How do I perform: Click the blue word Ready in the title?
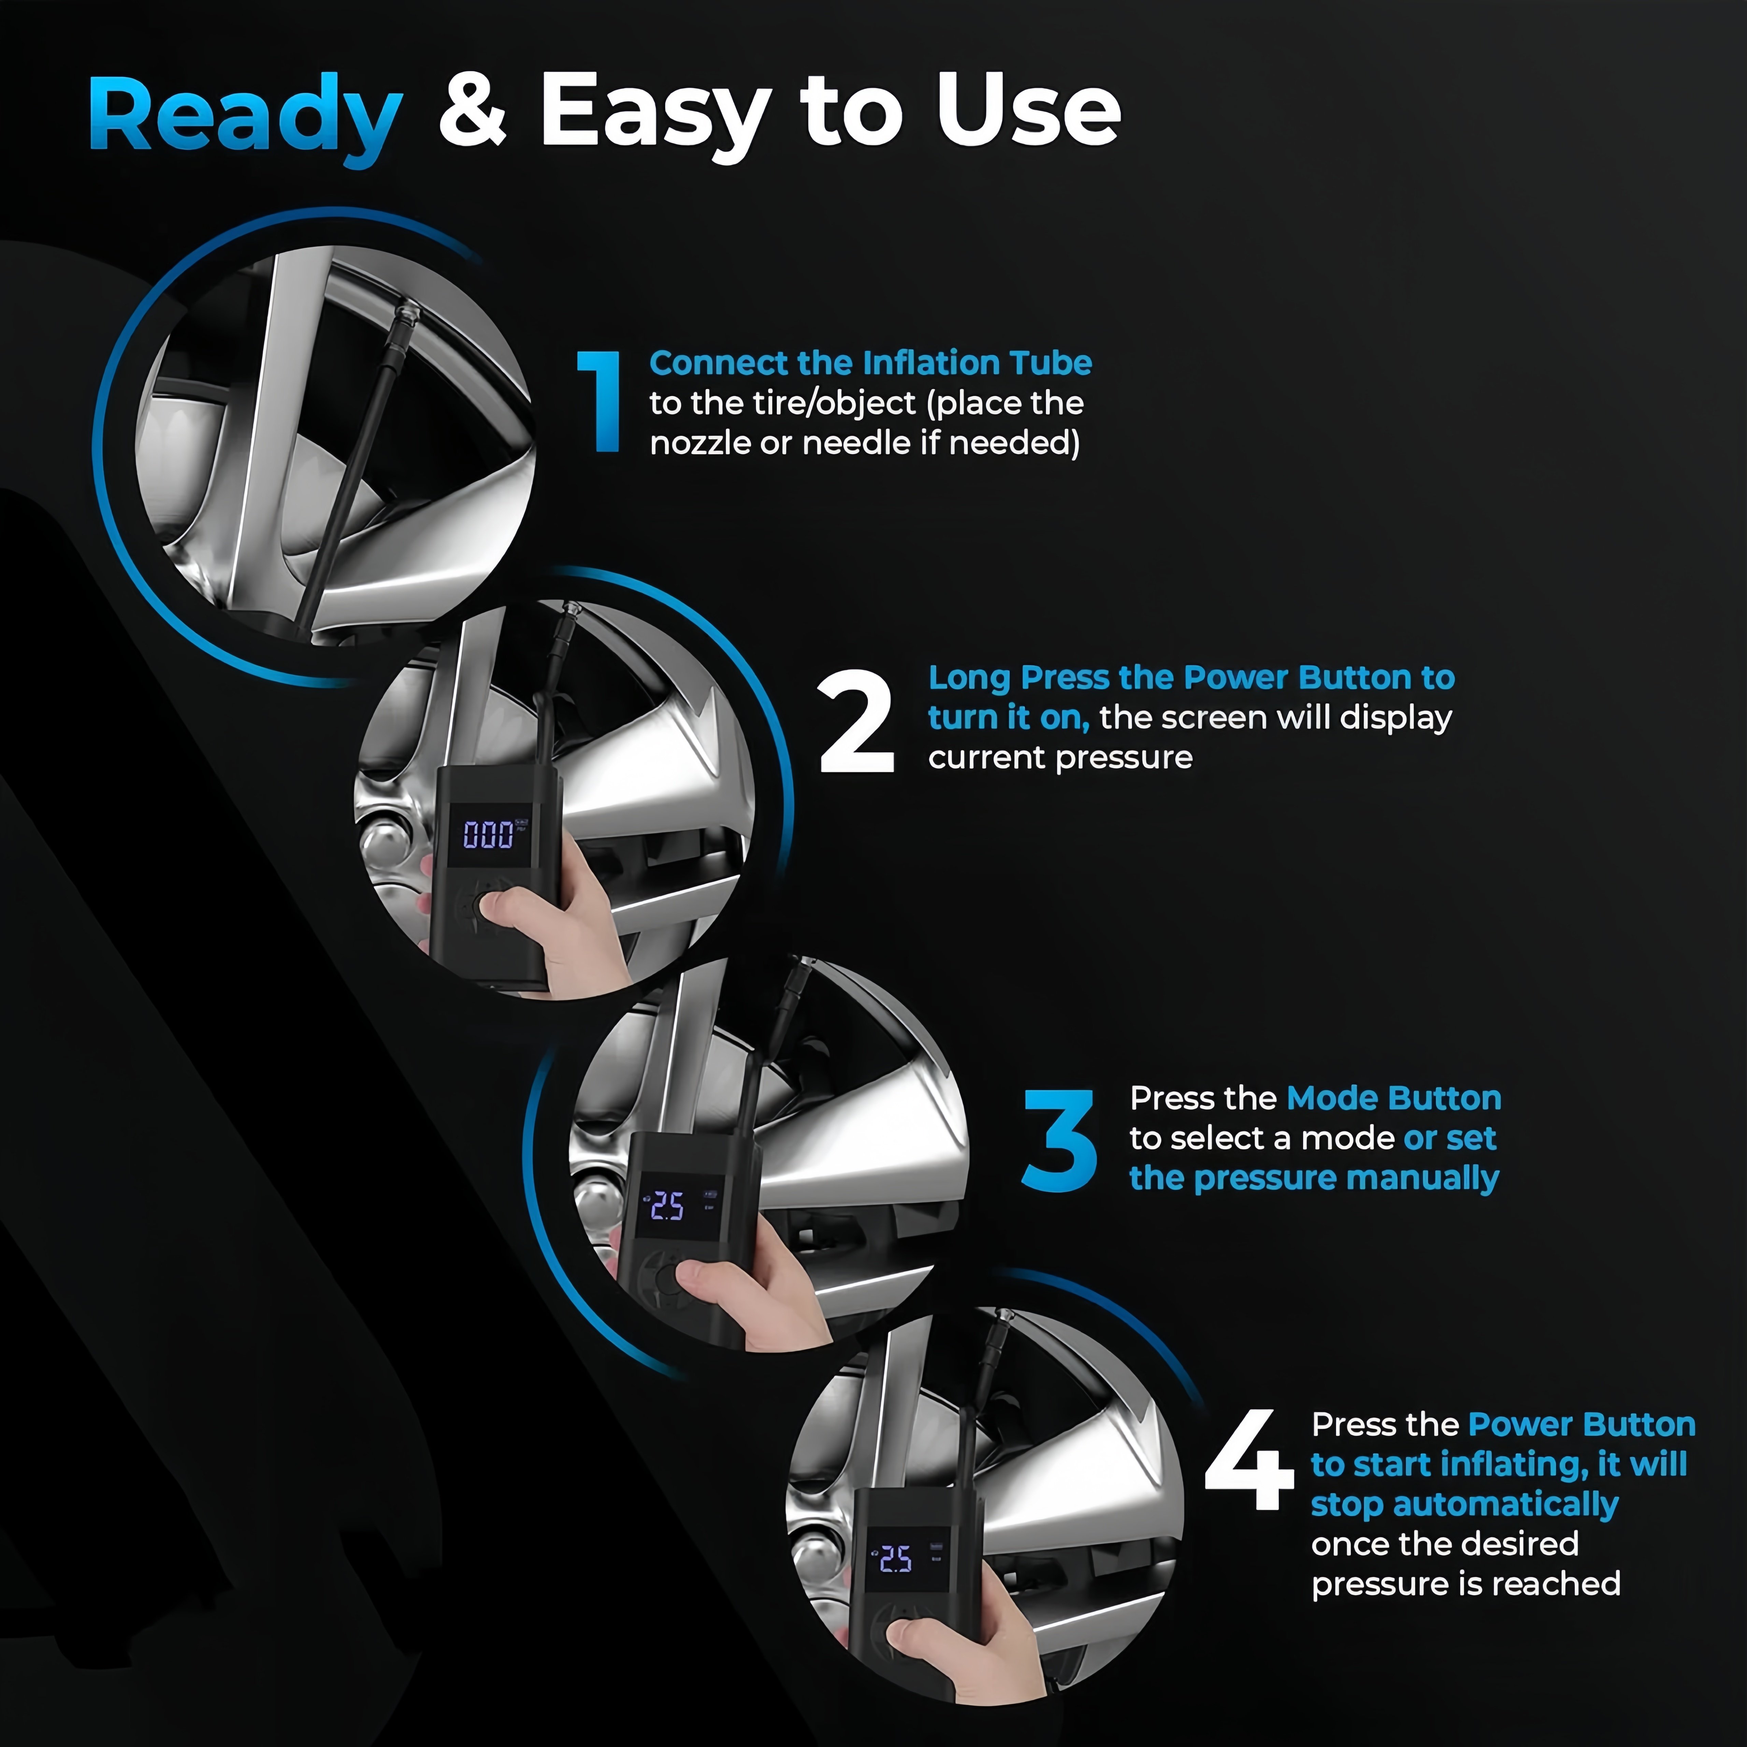point(245,118)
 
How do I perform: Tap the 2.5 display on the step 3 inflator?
point(667,1205)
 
